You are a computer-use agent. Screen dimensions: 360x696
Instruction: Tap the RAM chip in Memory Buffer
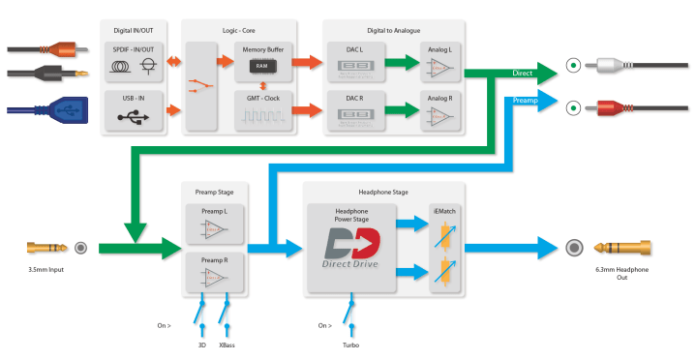tap(261, 66)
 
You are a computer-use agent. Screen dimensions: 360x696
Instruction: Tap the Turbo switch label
tap(351, 345)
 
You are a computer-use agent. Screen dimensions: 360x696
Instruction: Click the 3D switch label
tap(202, 345)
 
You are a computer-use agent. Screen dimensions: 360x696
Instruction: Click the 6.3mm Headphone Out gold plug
tap(620, 248)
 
